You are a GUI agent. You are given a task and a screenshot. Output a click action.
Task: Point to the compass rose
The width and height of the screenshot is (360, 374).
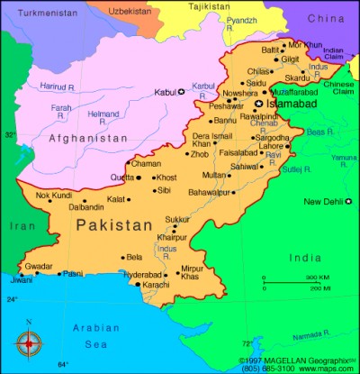[29, 341]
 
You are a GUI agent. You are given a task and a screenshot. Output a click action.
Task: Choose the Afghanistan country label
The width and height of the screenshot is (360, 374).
[87, 138]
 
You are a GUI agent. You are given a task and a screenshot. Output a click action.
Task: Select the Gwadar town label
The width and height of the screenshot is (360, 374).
[38, 267]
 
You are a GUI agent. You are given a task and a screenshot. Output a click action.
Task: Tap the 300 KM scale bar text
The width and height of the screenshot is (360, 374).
[316, 278]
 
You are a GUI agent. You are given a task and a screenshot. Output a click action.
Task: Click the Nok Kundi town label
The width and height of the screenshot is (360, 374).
[52, 196]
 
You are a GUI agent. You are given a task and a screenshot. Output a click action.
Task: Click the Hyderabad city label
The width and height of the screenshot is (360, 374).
[144, 274]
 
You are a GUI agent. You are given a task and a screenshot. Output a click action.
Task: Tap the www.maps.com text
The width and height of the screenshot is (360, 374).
[326, 368]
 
